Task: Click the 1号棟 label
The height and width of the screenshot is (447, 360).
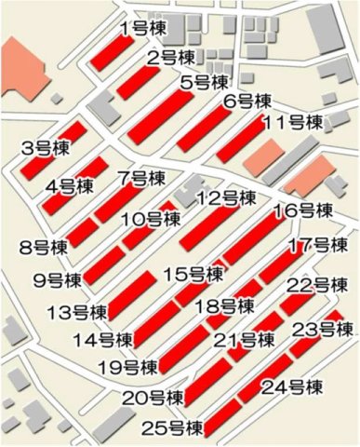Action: point(143,28)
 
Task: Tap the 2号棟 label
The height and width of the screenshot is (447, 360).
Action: point(169,59)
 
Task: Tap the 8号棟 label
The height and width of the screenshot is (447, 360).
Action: point(43,248)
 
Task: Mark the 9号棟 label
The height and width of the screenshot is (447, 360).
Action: point(57,279)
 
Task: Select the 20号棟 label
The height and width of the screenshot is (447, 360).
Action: point(151,399)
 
